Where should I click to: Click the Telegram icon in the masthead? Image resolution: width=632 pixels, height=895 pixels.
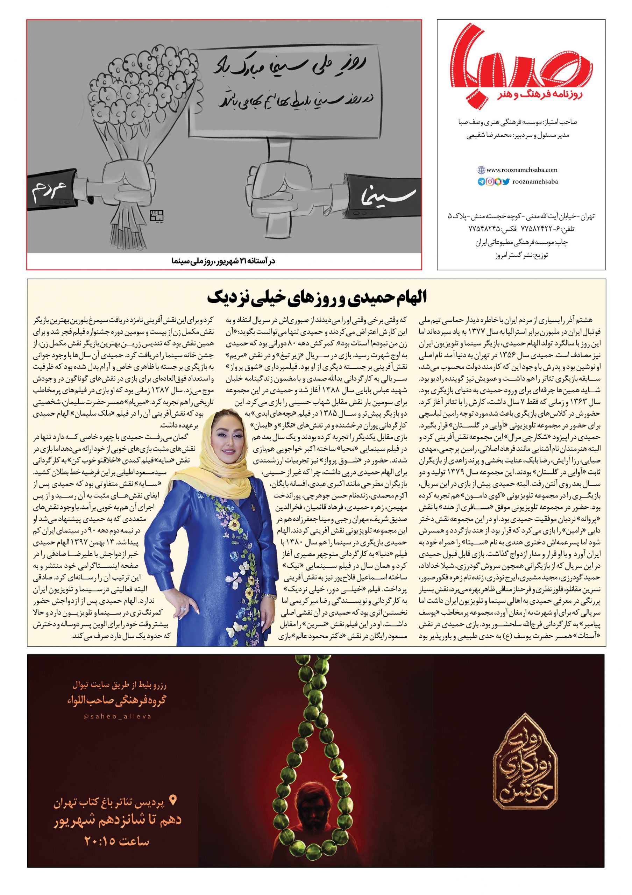(481, 181)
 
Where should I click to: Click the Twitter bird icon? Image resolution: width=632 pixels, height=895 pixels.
(506, 181)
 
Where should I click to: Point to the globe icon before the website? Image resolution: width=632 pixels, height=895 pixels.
(481, 170)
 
